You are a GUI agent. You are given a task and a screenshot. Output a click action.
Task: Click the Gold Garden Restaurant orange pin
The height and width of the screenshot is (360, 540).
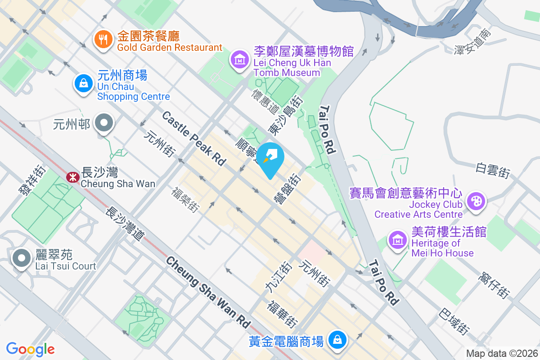coord(103,39)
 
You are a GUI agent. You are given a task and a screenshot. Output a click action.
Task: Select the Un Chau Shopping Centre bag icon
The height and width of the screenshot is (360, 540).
coord(83,84)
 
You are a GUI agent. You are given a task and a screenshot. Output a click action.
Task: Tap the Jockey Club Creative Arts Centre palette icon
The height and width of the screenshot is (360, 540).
coord(476,200)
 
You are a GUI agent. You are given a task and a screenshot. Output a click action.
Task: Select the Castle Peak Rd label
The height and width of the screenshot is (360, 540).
coord(193,139)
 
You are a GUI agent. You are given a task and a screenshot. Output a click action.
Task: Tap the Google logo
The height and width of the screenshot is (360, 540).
coord(31,349)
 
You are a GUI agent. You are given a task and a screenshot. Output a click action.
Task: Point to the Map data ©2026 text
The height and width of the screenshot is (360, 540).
coord(502,353)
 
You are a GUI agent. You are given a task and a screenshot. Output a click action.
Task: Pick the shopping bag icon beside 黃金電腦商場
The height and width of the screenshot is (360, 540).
coord(337,339)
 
